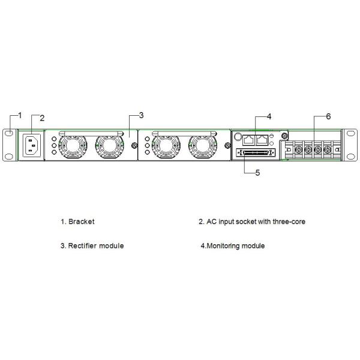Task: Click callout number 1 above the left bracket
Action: (19, 114)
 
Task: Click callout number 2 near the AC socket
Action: (42, 118)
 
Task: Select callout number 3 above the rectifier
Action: (141, 115)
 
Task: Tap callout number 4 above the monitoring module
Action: (269, 116)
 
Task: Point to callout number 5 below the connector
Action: (257, 173)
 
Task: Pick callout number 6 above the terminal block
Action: (328, 116)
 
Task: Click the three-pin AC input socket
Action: (32, 145)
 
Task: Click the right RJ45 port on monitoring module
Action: (262, 140)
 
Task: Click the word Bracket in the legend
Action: (81, 221)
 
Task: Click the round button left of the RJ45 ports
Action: (237, 137)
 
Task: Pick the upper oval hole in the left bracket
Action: (10, 133)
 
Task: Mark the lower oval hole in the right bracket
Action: (349, 158)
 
